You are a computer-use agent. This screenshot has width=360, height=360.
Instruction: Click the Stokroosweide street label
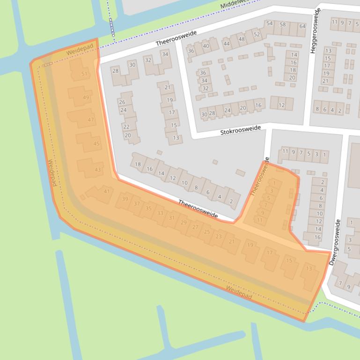(x=241, y=130)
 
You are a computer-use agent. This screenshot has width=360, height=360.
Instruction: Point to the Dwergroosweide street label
(x=335, y=242)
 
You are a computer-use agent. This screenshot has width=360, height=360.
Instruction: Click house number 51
(x=84, y=74)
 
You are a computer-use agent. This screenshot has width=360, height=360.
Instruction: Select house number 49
(x=86, y=97)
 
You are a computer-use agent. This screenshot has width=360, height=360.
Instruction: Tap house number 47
(x=91, y=120)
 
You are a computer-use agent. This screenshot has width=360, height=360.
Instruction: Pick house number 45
(x=96, y=144)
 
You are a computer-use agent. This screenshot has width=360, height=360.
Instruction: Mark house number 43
(x=97, y=170)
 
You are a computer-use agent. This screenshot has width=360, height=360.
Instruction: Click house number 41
(x=107, y=191)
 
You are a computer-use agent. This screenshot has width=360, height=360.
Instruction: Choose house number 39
(x=125, y=199)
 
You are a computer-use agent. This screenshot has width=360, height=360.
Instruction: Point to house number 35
(x=148, y=209)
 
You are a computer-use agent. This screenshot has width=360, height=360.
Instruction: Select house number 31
(x=171, y=218)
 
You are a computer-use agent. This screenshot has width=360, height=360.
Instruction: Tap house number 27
(x=195, y=227)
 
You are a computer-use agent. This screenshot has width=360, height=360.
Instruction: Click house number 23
(x=218, y=237)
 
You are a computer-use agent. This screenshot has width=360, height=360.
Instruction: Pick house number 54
(x=269, y=23)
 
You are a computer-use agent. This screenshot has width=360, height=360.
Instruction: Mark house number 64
(x=302, y=26)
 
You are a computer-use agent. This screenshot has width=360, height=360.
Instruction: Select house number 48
(x=242, y=39)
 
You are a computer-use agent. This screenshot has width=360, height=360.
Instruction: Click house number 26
(x=122, y=102)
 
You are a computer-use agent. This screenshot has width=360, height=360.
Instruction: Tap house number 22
(x=126, y=127)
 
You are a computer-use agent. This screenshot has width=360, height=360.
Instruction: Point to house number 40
(x=206, y=46)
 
